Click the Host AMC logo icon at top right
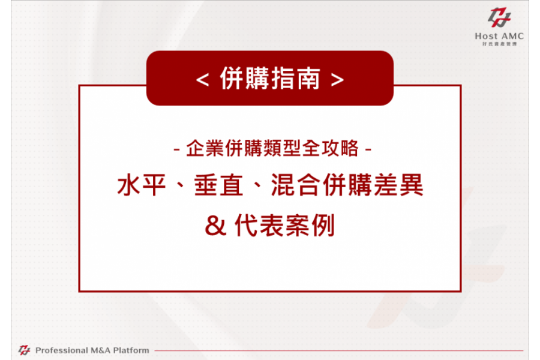499,17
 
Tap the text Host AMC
499,36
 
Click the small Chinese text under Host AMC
499,44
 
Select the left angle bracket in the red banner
203,80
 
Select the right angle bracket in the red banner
337,80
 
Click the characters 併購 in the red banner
245,79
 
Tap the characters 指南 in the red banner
295,79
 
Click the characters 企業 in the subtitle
205,148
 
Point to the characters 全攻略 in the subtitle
330,148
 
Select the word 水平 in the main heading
142,185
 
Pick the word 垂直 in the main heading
218,185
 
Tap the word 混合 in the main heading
296,185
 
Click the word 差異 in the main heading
398,185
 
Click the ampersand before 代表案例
215,226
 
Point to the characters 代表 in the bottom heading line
259,226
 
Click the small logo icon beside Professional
24,350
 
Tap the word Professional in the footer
62,350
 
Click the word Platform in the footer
131,350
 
